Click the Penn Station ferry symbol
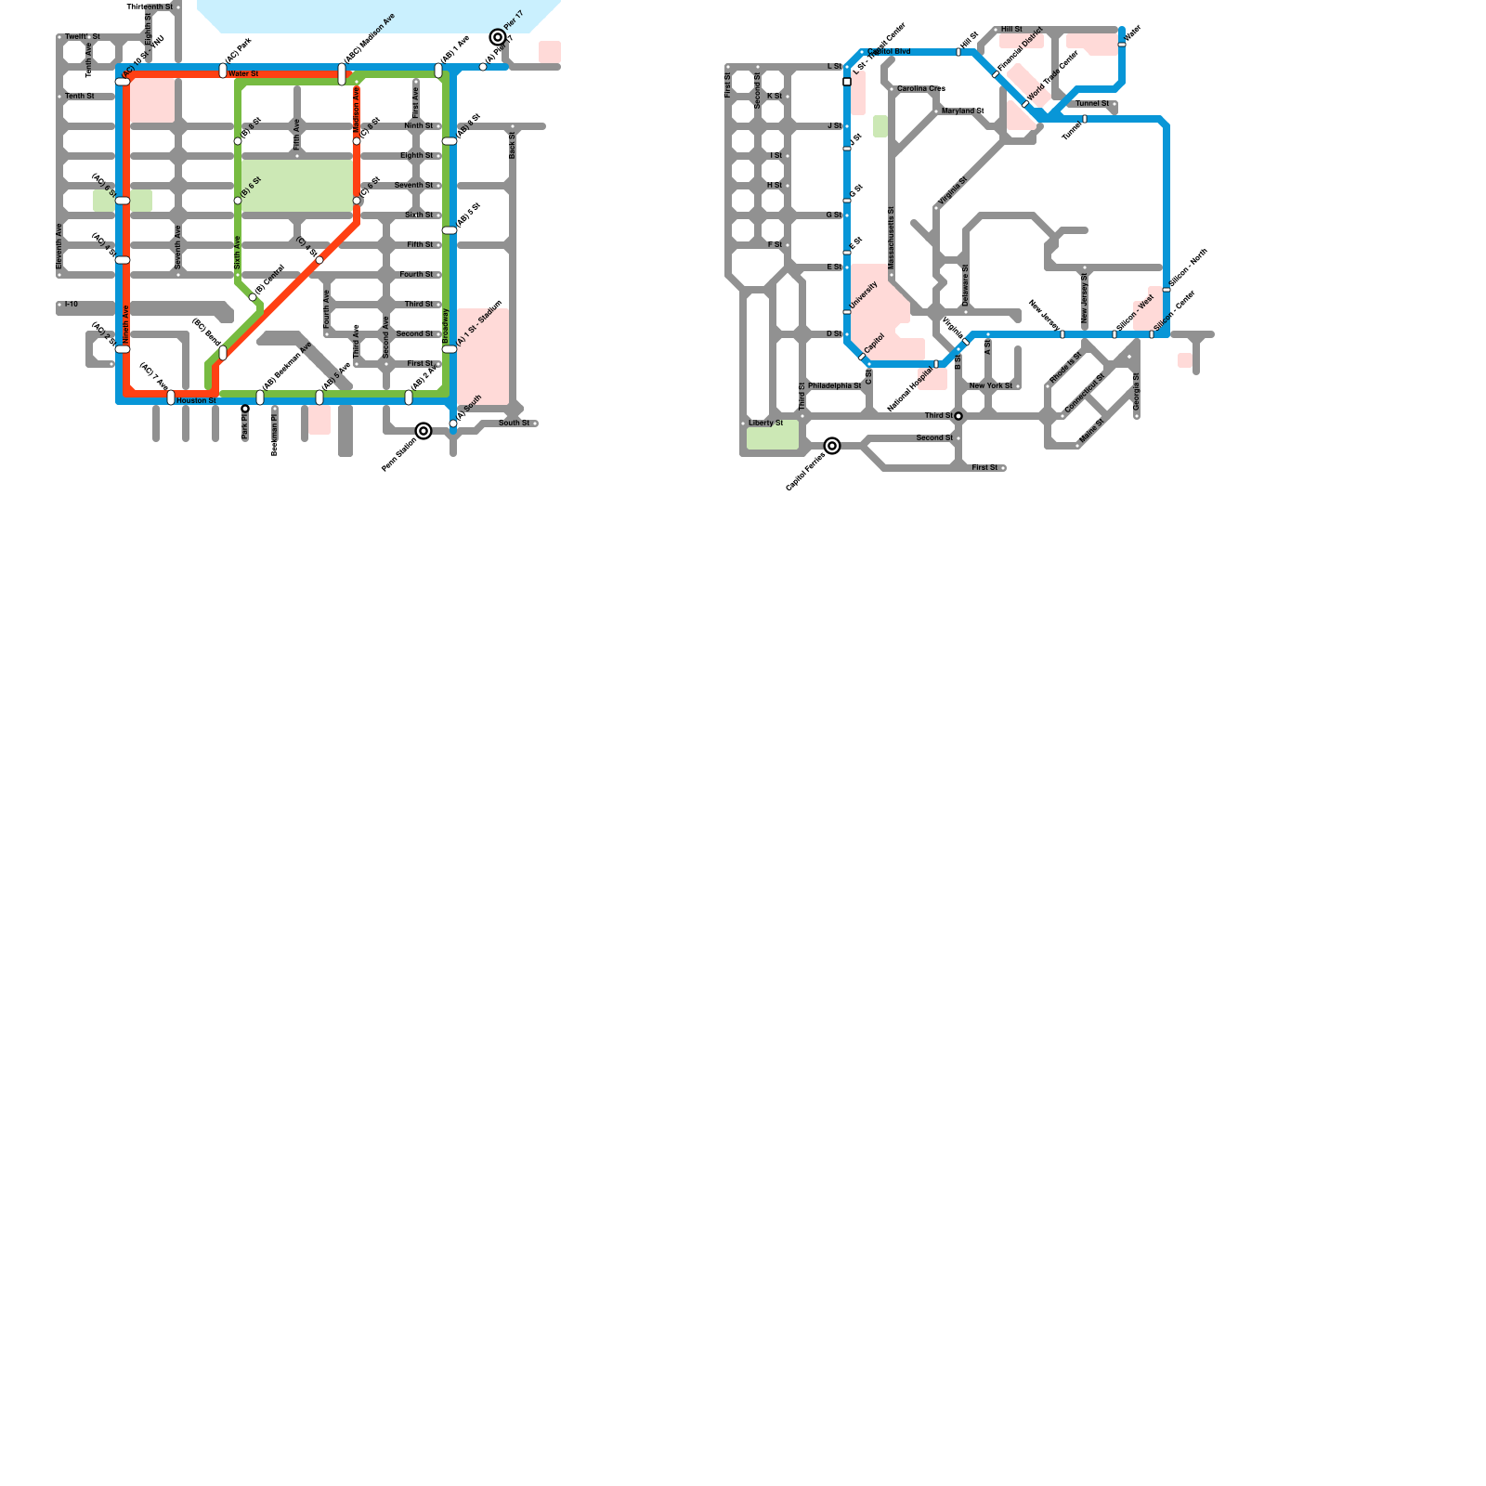pyautogui.click(x=424, y=431)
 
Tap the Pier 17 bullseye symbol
pyautogui.click(x=498, y=38)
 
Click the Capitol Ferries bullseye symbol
pyautogui.click(x=832, y=446)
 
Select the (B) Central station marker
pyautogui.click(x=253, y=297)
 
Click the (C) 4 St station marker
pyautogui.click(x=319, y=260)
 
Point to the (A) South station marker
pyautogui.click(x=453, y=424)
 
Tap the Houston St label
pyautogui.click(x=196, y=400)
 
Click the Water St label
pyautogui.click(x=243, y=73)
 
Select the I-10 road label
pyautogui.click(x=72, y=304)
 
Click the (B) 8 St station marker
pyautogui.click(x=238, y=141)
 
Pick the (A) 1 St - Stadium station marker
pyautogui.click(x=450, y=349)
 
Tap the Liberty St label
pyautogui.click(x=765, y=423)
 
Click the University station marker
pyautogui.click(x=847, y=312)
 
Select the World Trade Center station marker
pyautogui.click(x=1025, y=104)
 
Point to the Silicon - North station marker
pyautogui.click(x=1167, y=290)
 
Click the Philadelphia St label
pyautogui.click(x=834, y=385)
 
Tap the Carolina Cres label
pyautogui.click(x=920, y=88)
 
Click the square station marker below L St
pyautogui.click(x=847, y=82)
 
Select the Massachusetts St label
pyautogui.click(x=891, y=239)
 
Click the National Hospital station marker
pyautogui.click(x=936, y=364)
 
